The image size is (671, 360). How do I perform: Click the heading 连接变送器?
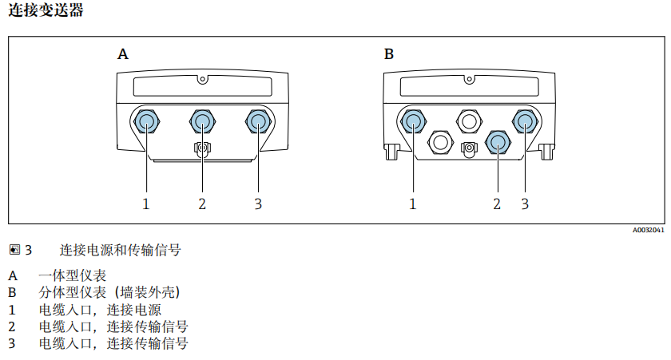pos(46,10)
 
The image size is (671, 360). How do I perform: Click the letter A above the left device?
pos(123,54)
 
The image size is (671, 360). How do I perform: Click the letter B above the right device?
pos(389,54)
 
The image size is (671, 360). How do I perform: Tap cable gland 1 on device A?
pos(146,121)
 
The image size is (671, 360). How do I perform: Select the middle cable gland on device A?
pos(202,121)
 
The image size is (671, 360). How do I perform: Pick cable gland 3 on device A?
pos(258,121)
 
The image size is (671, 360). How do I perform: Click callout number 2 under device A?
pos(202,204)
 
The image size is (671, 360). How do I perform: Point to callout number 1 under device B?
pos(413,204)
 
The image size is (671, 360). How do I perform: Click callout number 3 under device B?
pos(525,204)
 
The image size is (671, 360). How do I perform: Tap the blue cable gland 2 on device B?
pos(497,142)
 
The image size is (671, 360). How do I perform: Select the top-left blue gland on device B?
pos(413,121)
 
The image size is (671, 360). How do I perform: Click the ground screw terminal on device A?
pos(202,148)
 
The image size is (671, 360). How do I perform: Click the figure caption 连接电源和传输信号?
pos(120,250)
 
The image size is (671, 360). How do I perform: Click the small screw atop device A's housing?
pos(203,79)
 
